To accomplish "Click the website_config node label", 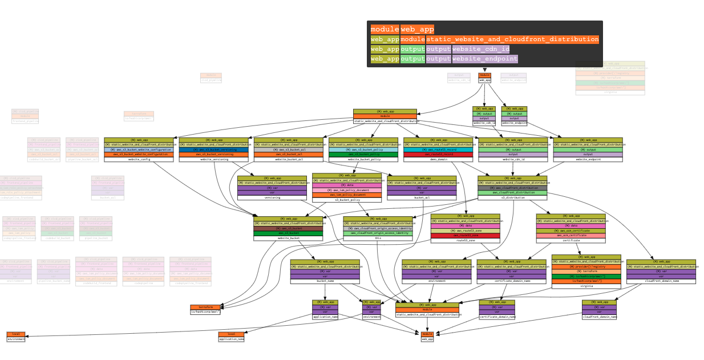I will click(139, 160).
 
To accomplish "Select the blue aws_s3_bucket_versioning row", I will click(214, 149).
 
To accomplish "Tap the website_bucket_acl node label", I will click(288, 160).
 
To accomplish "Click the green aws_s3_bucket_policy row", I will click(363, 155).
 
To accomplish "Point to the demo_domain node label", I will click(438, 160).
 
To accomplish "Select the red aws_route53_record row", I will click(438, 155).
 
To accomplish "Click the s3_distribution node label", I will click(512, 197).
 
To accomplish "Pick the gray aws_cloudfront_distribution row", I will click(512, 187).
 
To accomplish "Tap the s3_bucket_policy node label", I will click(347, 200).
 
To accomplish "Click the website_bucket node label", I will click(288, 238).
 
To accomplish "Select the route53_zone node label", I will click(466, 241).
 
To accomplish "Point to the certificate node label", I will click(571, 241).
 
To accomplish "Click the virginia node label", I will click(586, 286).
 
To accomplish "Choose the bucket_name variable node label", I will click(325, 281).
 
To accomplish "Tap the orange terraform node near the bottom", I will click(205, 307).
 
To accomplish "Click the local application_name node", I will click(231, 337).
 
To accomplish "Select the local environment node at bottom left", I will click(16, 337).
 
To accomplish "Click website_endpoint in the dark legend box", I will click(485, 59).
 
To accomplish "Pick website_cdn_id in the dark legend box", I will click(480, 49).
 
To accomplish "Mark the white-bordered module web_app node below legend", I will click(484, 78).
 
